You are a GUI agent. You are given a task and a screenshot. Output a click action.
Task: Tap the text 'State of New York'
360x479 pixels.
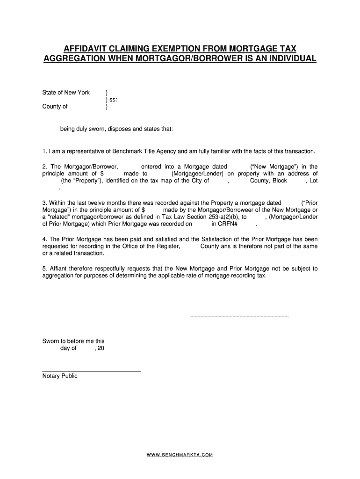[66, 93]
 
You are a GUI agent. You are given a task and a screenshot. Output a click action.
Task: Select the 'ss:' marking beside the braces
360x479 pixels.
[113, 100]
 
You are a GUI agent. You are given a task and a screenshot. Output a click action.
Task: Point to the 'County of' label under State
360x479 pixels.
[55, 107]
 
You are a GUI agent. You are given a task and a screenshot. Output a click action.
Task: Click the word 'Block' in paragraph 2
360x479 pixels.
[279, 181]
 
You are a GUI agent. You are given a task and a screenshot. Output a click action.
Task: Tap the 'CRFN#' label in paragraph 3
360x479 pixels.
[229, 224]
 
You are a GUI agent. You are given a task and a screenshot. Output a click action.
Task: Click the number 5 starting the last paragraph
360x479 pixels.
[44, 269]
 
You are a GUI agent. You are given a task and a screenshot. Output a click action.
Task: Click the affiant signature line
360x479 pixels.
[239, 317]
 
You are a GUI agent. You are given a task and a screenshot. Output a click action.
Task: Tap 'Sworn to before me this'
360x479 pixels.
[73, 341]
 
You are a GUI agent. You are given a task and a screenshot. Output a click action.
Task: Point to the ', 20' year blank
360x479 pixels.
[99, 348]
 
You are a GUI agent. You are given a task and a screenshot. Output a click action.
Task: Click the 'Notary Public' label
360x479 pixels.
[60, 376]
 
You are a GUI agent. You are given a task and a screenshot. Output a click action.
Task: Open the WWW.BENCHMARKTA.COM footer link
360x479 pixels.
[180, 455]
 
